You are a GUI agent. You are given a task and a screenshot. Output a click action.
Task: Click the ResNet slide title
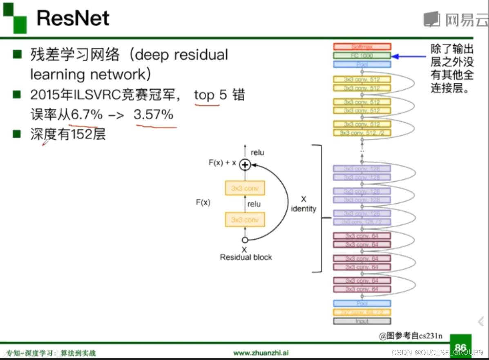(x=73, y=18)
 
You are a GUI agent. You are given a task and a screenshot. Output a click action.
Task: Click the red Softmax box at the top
(x=362, y=47)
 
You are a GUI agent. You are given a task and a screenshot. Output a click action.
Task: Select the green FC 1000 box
(x=362, y=56)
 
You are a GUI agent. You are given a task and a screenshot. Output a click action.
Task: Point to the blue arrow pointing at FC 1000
(x=409, y=56)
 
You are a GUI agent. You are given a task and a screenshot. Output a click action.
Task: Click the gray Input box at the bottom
(x=362, y=321)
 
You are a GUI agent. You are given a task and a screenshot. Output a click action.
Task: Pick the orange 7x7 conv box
(x=362, y=312)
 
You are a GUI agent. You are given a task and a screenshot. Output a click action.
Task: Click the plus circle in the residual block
(x=245, y=164)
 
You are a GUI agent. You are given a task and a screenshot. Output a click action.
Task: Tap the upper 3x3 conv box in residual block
(x=245, y=188)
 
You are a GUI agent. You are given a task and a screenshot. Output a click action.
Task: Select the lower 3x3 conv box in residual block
(x=245, y=220)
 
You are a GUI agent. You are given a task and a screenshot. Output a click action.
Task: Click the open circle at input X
(x=245, y=240)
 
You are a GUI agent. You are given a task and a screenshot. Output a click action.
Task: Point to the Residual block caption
(x=246, y=257)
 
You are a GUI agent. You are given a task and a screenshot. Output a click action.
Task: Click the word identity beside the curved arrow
(x=304, y=209)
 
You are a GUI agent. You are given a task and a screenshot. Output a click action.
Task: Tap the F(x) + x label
(x=222, y=163)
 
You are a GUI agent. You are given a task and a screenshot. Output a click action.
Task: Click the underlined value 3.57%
(x=154, y=115)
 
